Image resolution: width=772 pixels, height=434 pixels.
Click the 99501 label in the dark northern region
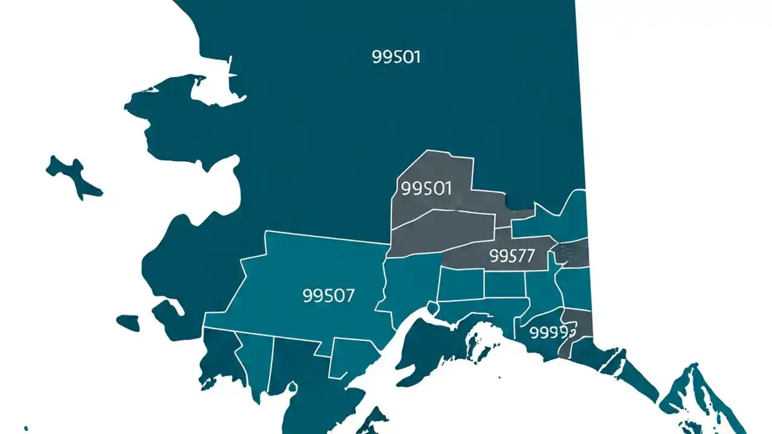coord(396,57)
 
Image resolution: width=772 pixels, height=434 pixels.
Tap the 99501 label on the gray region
coord(426,189)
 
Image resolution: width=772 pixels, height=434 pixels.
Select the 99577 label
coord(512,256)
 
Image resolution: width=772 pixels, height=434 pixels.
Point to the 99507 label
coord(328,295)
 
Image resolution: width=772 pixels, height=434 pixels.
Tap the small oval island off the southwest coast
coord(127,322)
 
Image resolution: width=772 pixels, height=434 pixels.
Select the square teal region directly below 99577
coord(504,284)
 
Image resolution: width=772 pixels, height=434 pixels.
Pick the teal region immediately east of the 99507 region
coord(410,283)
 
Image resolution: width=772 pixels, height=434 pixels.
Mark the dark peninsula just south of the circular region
coord(422,356)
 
